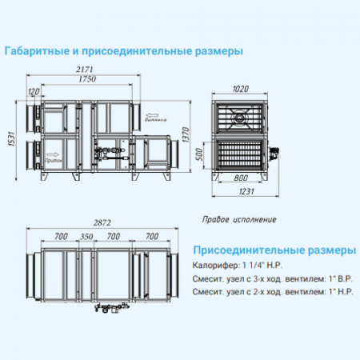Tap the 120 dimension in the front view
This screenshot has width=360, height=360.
tap(33, 92)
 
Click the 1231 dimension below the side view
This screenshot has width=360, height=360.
tap(245, 191)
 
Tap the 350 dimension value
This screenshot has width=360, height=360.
tap(86, 238)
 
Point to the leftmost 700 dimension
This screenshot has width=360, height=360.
tap(60, 238)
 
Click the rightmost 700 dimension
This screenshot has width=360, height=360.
tap(150, 238)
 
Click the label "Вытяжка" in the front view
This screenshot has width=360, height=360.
tap(155, 122)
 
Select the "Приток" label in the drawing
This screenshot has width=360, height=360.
tap(56, 158)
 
